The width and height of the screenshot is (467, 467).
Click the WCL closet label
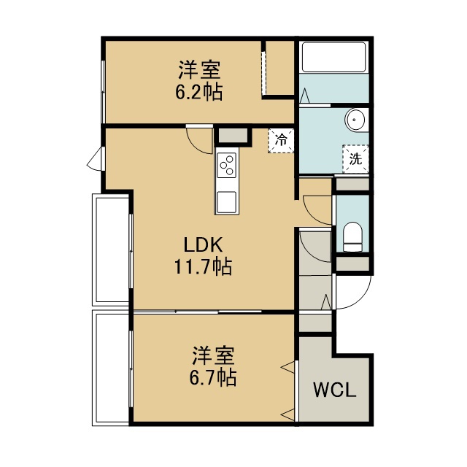point(335,390)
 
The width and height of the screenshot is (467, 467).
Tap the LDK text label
point(203,245)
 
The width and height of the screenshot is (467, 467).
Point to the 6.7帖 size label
point(212,377)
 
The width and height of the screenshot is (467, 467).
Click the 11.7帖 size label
point(203,266)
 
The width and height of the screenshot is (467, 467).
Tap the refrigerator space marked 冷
point(281,141)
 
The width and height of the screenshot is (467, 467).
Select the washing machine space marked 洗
point(355,159)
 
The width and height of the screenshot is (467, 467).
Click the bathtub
point(333,57)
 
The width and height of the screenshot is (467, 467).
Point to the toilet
point(352,237)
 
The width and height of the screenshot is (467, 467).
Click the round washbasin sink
point(355,120)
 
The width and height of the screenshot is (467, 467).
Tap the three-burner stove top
point(227,166)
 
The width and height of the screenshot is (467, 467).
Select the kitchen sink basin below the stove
point(227,201)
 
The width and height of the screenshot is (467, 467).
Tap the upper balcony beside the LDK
point(111,250)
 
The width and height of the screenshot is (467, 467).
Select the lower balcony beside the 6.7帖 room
point(111,368)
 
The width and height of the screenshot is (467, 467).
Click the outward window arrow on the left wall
point(94,159)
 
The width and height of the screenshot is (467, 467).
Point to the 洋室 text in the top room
point(199,70)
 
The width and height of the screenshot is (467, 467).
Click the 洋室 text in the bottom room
point(213,355)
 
